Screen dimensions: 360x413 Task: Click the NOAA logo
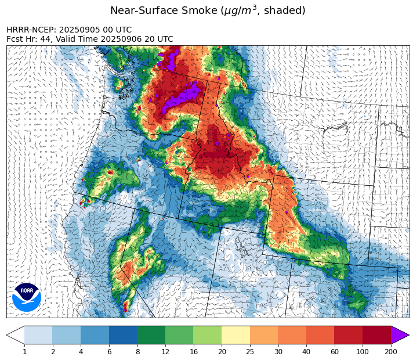click(x=27, y=297)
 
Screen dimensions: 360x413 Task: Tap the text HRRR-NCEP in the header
click(x=31, y=30)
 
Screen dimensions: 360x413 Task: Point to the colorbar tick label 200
click(x=391, y=351)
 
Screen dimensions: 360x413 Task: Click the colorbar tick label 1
click(x=24, y=351)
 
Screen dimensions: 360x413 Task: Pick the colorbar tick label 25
click(x=250, y=351)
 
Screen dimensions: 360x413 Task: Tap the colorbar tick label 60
click(x=334, y=351)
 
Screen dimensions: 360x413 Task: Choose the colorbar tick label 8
click(x=137, y=351)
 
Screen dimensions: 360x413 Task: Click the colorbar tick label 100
click(x=363, y=351)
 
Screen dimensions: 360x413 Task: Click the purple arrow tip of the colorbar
click(x=400, y=335)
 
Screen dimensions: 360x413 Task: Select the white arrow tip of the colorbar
click(x=16, y=335)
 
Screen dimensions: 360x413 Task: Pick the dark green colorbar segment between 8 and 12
click(x=151, y=335)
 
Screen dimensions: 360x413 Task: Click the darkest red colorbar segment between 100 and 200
click(x=376, y=335)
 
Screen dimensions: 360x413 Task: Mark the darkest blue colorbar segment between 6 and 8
click(x=123, y=335)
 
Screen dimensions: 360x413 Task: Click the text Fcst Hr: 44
click(x=27, y=39)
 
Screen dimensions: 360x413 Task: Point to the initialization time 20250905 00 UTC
click(x=95, y=30)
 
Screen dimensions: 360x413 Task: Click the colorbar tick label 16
click(x=193, y=351)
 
